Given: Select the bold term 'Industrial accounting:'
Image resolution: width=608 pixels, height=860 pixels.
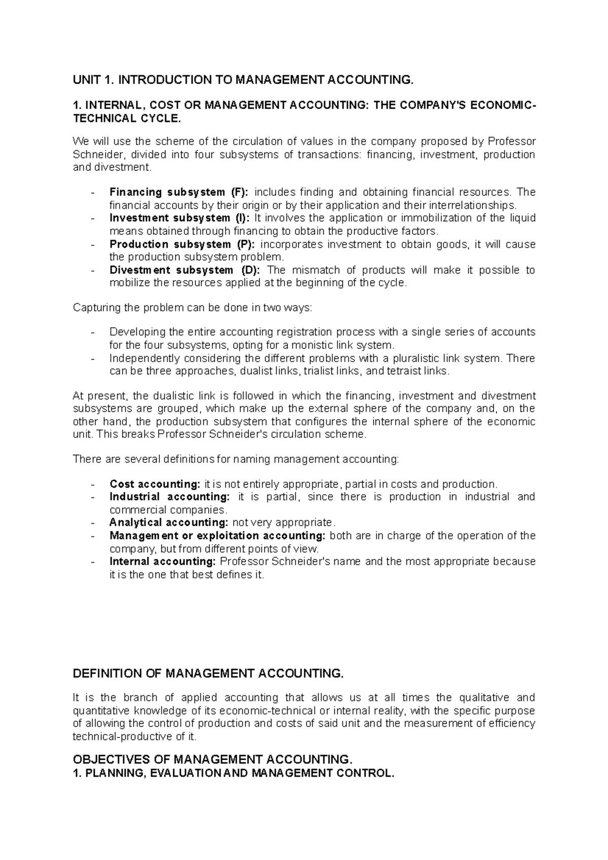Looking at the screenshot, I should [x=169, y=496].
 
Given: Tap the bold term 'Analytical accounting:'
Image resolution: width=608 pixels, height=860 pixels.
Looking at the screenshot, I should [x=169, y=522].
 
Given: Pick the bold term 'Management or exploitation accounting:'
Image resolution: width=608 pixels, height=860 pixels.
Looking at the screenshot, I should [x=217, y=535].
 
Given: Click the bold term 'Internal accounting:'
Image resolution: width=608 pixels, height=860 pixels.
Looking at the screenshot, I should [x=163, y=561].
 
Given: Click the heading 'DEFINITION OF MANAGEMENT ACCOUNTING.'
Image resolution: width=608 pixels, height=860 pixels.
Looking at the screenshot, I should [x=208, y=673].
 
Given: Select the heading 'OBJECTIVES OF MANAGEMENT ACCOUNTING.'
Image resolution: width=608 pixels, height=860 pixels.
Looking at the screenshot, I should [x=212, y=760].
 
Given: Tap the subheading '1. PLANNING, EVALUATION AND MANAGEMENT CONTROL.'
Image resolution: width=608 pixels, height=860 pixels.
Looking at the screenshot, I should [x=233, y=773].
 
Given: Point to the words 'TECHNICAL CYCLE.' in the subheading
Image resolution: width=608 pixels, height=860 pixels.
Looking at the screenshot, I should [x=126, y=119].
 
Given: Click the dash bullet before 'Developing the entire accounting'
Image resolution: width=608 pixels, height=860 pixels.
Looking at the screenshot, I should [x=92, y=333].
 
